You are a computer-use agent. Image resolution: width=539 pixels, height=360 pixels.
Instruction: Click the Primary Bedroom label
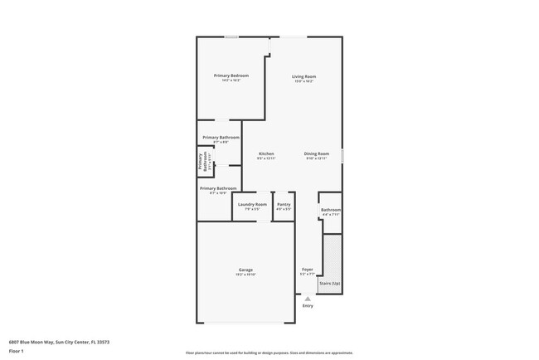tap(231, 75)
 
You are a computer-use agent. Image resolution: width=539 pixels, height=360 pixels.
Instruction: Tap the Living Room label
tap(303, 77)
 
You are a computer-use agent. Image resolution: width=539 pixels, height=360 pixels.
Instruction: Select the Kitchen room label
tap(266, 153)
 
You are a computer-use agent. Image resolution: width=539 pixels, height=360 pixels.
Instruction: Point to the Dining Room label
tap(317, 153)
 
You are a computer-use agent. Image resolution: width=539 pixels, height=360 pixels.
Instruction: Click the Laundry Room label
tap(252, 204)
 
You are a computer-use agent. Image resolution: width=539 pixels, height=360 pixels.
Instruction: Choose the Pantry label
tap(284, 204)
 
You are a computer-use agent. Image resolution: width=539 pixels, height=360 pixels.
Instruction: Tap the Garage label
tap(245, 270)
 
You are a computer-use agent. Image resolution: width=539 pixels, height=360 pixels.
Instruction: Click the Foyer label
tap(307, 270)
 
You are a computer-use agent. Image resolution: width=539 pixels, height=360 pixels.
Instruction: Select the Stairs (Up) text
tap(329, 284)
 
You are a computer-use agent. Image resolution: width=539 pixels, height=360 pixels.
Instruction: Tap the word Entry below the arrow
tap(308, 306)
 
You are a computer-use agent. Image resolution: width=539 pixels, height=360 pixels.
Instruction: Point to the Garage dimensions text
tap(245, 275)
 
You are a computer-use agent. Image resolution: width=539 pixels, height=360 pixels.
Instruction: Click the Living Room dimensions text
tap(303, 82)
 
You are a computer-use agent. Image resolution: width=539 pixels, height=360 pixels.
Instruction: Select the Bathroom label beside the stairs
tap(331, 210)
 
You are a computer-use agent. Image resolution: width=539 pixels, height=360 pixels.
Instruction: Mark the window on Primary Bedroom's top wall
tap(232, 36)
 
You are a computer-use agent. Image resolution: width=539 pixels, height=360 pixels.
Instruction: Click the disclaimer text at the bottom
tap(269, 352)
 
